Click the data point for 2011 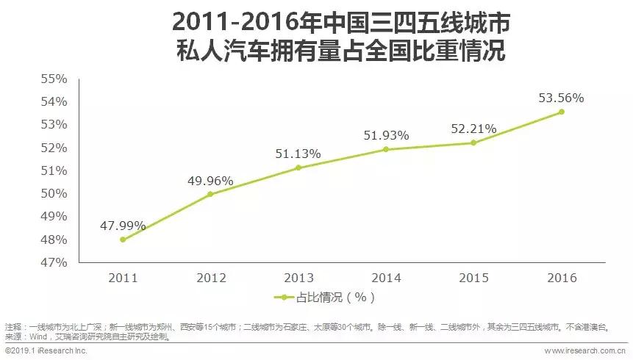pyautogui.click(x=123, y=240)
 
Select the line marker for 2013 pyautogui.click(x=298, y=168)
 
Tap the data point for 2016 pyautogui.click(x=562, y=112)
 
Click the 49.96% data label pyautogui.click(x=210, y=181)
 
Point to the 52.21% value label pyautogui.click(x=473, y=129)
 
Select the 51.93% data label pyautogui.click(x=386, y=135)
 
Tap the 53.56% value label pyautogui.click(x=561, y=98)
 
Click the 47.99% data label pyautogui.click(x=123, y=226)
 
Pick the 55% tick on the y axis pyautogui.click(x=54, y=78)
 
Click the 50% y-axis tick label pyautogui.click(x=54, y=193)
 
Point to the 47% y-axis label pyautogui.click(x=54, y=262)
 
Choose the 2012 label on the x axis pyautogui.click(x=210, y=278)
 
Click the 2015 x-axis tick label pyautogui.click(x=473, y=278)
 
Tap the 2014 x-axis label pyautogui.click(x=386, y=278)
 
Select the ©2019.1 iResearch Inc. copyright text pyautogui.click(x=46, y=351)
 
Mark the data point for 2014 pyautogui.click(x=386, y=149)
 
